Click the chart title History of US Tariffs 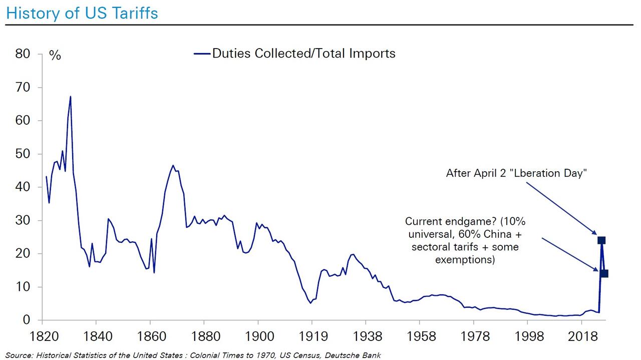tap(82, 13)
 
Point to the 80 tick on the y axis tap(23, 54)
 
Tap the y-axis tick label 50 tap(23, 154)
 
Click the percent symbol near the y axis tap(55, 56)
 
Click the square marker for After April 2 tap(601, 240)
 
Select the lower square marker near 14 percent tap(604, 273)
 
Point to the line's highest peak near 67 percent tap(70, 96)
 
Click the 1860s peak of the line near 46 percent tap(173, 165)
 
